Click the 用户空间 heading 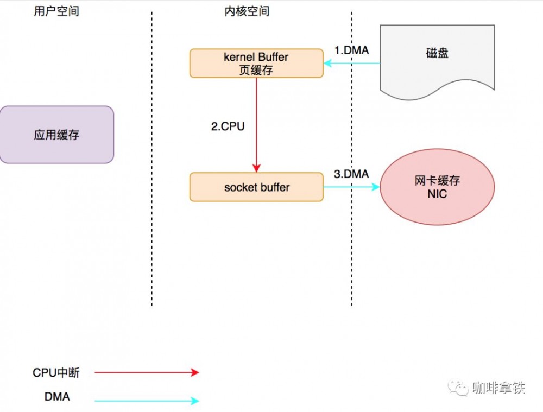(x=56, y=11)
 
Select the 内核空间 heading (x=247, y=11)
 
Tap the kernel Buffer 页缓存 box (x=256, y=63)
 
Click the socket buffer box (x=256, y=187)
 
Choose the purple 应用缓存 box (x=56, y=135)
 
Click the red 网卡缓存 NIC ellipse (x=437, y=187)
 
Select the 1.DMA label (x=351, y=50)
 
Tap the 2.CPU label (x=228, y=126)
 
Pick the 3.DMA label (x=351, y=174)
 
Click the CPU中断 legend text (x=56, y=372)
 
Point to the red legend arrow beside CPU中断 (x=147, y=372)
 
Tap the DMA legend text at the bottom (x=57, y=397)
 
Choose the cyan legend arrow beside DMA (x=147, y=401)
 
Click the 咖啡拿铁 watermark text (x=498, y=388)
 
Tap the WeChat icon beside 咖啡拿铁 (x=459, y=388)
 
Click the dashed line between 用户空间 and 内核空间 (x=152, y=163)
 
